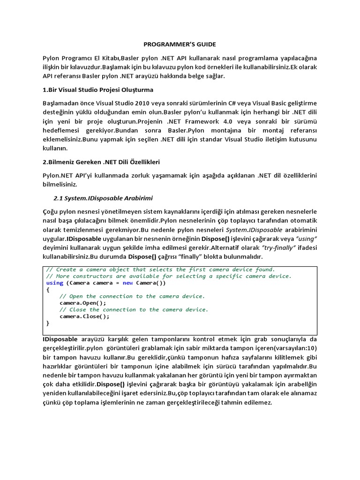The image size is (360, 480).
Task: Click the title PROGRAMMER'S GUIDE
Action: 180,44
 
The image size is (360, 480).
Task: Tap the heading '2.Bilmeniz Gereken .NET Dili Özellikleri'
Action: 101,162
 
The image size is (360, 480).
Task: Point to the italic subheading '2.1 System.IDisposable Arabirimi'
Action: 104,198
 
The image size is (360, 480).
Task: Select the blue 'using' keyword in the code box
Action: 54,283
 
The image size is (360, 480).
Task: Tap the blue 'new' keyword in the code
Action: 128,283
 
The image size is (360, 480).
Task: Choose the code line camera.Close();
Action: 84,316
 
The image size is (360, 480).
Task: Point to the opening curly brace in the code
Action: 48,290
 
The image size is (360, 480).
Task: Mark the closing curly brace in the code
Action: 48,323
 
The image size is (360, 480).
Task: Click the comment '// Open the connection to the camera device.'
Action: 132,296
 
